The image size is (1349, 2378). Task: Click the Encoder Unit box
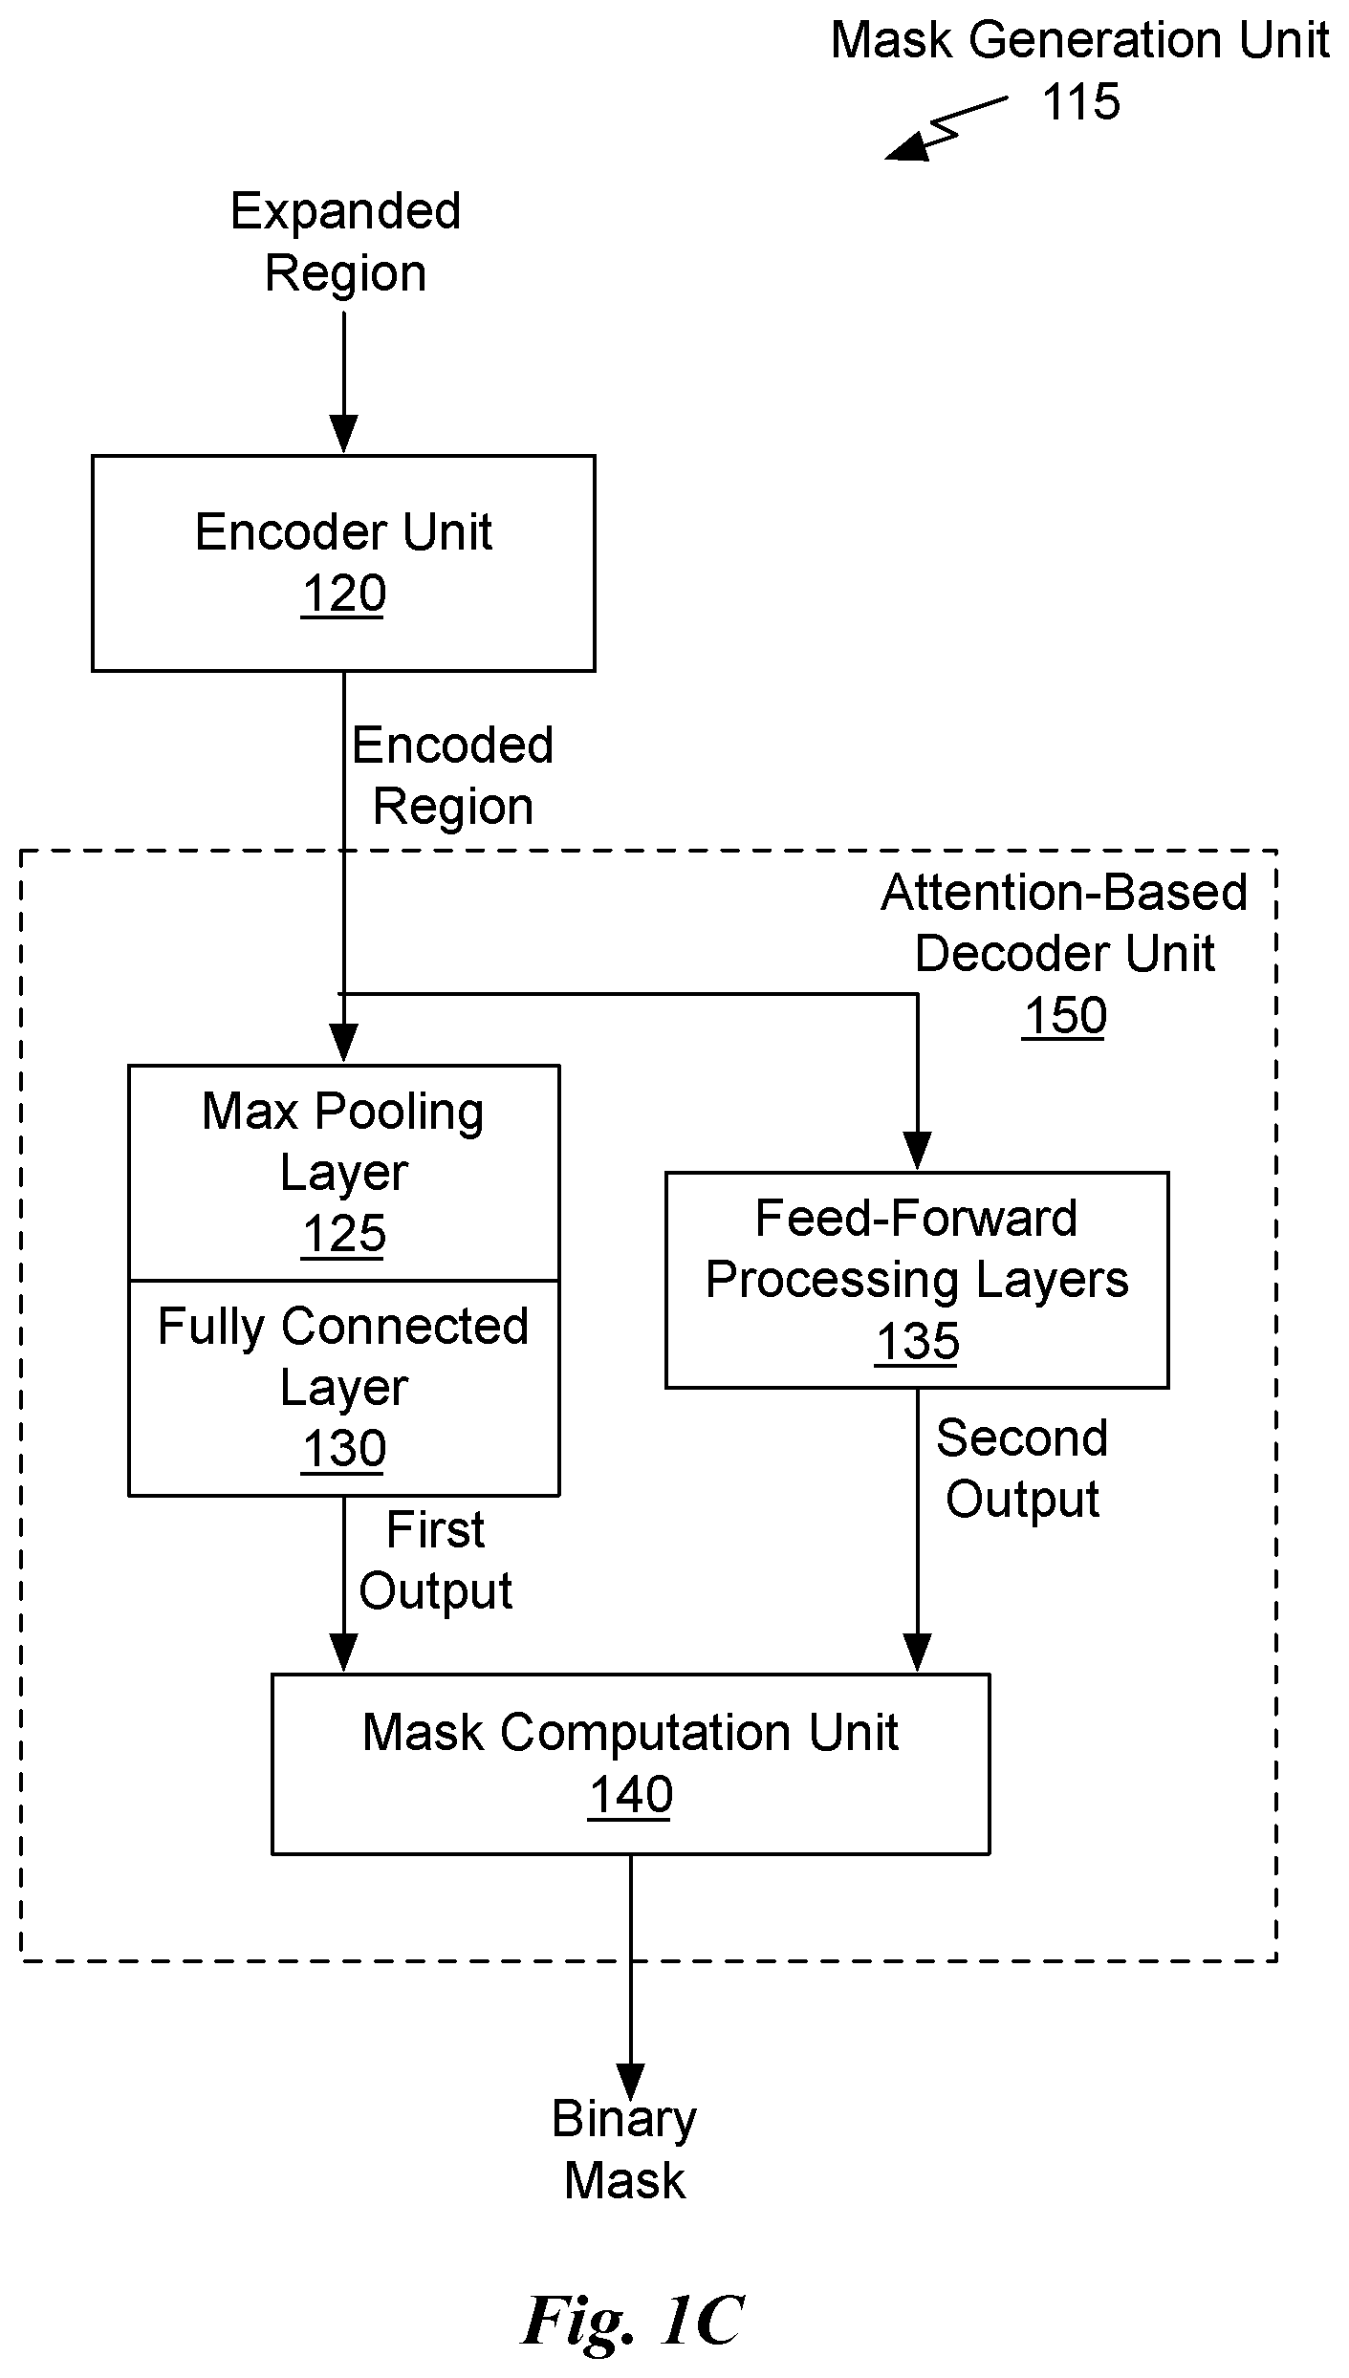(x=343, y=563)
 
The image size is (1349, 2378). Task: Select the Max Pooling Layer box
(x=343, y=1173)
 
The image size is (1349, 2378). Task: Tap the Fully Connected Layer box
(x=343, y=1388)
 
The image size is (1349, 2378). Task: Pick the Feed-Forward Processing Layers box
(x=917, y=1280)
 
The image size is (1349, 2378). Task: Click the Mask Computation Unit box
(x=630, y=1763)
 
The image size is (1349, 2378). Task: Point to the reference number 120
(x=343, y=594)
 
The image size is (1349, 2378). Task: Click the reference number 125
(x=343, y=1234)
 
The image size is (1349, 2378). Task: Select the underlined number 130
(x=343, y=1449)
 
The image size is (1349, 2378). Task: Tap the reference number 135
(x=917, y=1341)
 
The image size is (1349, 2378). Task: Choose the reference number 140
(x=630, y=1794)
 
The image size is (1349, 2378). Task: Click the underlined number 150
(x=1064, y=1015)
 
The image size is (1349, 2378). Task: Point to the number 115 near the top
(x=1080, y=101)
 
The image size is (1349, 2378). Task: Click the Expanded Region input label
(x=345, y=242)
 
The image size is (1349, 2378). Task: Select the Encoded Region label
(x=452, y=775)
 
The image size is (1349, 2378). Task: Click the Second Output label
(x=1022, y=1468)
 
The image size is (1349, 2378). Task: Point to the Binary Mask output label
(x=624, y=2150)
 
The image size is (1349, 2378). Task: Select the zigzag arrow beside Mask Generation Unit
(x=946, y=127)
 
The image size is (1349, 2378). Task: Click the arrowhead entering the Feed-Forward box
(x=917, y=1152)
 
